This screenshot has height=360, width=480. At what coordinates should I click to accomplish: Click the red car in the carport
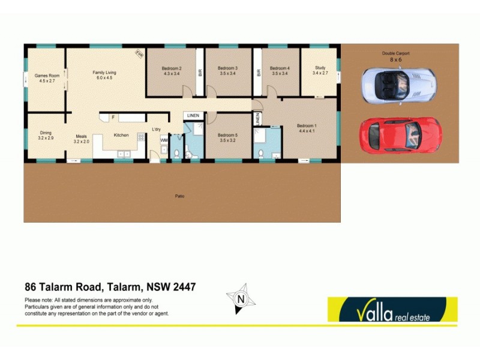[x=400, y=135]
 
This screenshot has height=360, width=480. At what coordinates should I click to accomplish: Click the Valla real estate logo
[x=392, y=310]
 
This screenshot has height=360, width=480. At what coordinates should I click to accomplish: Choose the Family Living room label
[x=104, y=75]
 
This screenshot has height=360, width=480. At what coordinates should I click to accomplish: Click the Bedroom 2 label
[x=171, y=71]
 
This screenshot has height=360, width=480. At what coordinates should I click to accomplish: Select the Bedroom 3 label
[x=228, y=71]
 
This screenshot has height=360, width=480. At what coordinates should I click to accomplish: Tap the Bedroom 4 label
[x=280, y=71]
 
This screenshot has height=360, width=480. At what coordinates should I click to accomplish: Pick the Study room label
[x=320, y=71]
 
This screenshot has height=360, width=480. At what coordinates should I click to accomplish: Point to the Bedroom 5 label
[x=228, y=137]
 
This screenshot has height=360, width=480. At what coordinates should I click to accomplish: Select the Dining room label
[x=46, y=135]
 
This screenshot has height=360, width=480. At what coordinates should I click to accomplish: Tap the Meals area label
[x=82, y=139]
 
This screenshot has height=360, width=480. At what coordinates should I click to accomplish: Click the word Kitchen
[x=121, y=135]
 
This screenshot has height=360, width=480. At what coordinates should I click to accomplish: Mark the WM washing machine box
[x=164, y=140]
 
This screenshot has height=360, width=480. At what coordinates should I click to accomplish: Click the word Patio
[x=179, y=196]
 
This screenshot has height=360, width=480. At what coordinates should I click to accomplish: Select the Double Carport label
[x=395, y=56]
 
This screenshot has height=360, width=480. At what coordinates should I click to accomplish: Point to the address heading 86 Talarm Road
[x=110, y=287]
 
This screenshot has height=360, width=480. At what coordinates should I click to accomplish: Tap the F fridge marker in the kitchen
[x=112, y=117]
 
